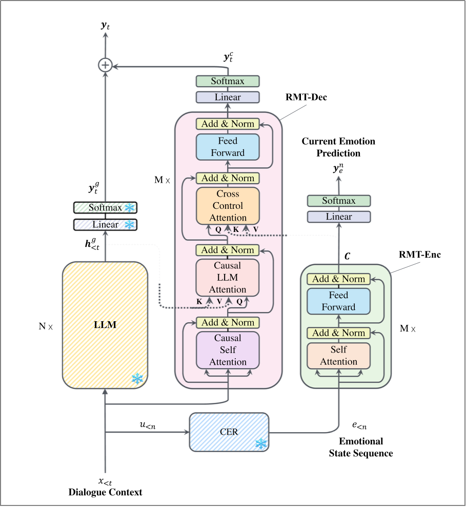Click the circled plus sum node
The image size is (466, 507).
(105, 65)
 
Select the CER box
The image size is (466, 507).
(229, 432)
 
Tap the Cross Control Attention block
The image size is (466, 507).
(228, 206)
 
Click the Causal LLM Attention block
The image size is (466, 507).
(228, 278)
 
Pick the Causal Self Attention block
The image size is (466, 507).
(228, 350)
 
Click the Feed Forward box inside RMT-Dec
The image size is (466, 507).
(228, 147)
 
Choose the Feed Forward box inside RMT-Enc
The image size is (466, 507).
(338, 301)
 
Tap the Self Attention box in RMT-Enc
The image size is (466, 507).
(338, 356)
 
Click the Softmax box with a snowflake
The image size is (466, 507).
(105, 208)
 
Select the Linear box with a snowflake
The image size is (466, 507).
(105, 225)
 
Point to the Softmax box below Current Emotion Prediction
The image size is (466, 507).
(338, 201)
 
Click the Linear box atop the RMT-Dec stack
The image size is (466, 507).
(228, 97)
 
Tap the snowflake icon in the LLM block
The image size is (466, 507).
(137, 379)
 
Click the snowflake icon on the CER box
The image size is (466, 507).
(261, 443)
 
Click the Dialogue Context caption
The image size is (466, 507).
(105, 493)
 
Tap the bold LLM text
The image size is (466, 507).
(105, 325)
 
